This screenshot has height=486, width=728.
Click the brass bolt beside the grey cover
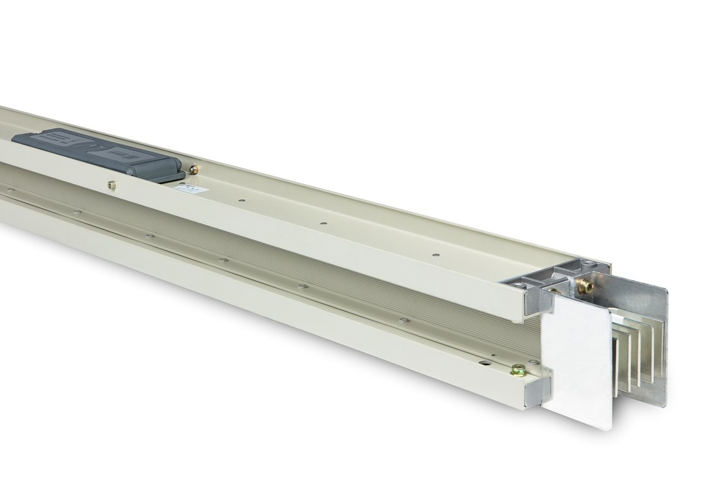click(193, 169)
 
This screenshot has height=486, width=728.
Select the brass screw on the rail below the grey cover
click(112, 185)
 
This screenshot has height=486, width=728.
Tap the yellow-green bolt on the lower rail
click(518, 369)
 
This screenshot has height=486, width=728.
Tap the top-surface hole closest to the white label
click(240, 199)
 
